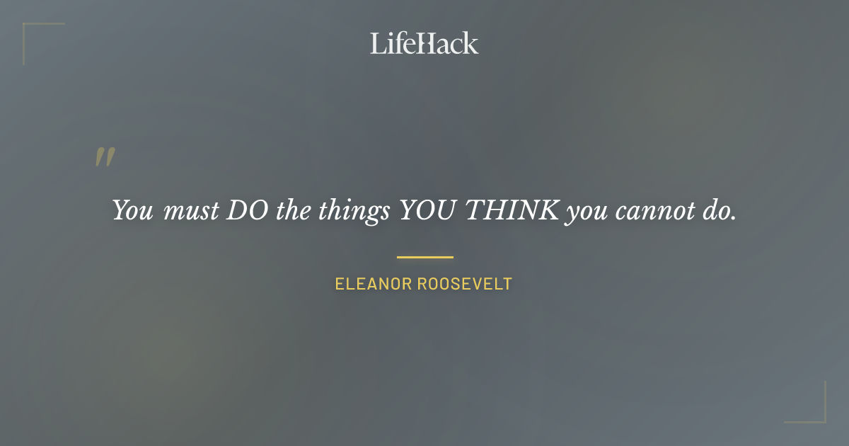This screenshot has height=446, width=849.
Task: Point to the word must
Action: click(191, 211)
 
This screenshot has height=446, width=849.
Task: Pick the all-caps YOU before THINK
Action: click(427, 210)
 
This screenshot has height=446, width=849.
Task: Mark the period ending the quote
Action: click(734, 217)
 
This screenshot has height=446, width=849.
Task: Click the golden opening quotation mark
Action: click(105, 158)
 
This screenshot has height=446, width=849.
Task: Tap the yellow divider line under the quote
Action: click(424, 257)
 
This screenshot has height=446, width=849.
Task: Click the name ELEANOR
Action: click(373, 285)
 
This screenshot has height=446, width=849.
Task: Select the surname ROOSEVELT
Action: click(465, 285)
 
